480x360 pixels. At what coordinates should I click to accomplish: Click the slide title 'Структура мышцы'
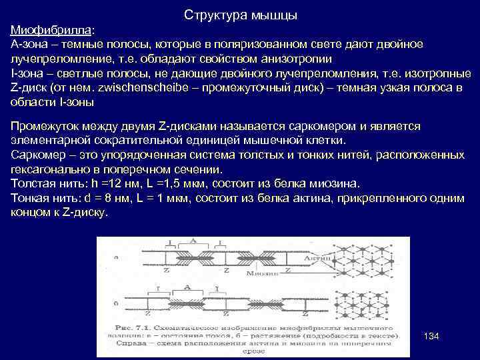(239, 15)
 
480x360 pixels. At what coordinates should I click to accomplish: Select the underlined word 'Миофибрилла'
(52, 31)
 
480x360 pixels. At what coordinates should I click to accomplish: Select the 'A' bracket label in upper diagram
(192, 241)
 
